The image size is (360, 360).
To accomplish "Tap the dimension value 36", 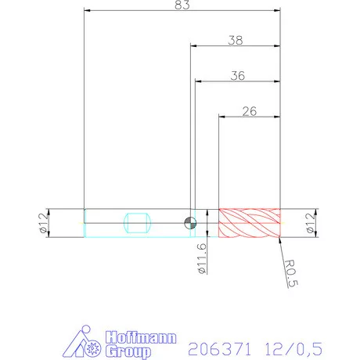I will point(239,75).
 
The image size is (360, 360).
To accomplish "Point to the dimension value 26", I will point(250,111).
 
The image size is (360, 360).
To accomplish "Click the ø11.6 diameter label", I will point(201,258).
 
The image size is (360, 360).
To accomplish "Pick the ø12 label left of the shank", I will point(44,223).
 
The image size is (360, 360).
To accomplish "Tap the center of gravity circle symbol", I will point(189,222).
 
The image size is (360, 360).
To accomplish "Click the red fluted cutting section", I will point(249,223).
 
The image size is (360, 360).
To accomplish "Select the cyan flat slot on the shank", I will point(137,222).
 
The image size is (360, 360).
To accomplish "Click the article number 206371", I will point(212,345).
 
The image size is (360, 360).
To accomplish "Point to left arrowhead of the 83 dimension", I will point(87,12).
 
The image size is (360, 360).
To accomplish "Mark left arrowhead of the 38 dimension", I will point(193,46).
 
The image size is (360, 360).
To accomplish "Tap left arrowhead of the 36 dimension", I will point(199,81).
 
